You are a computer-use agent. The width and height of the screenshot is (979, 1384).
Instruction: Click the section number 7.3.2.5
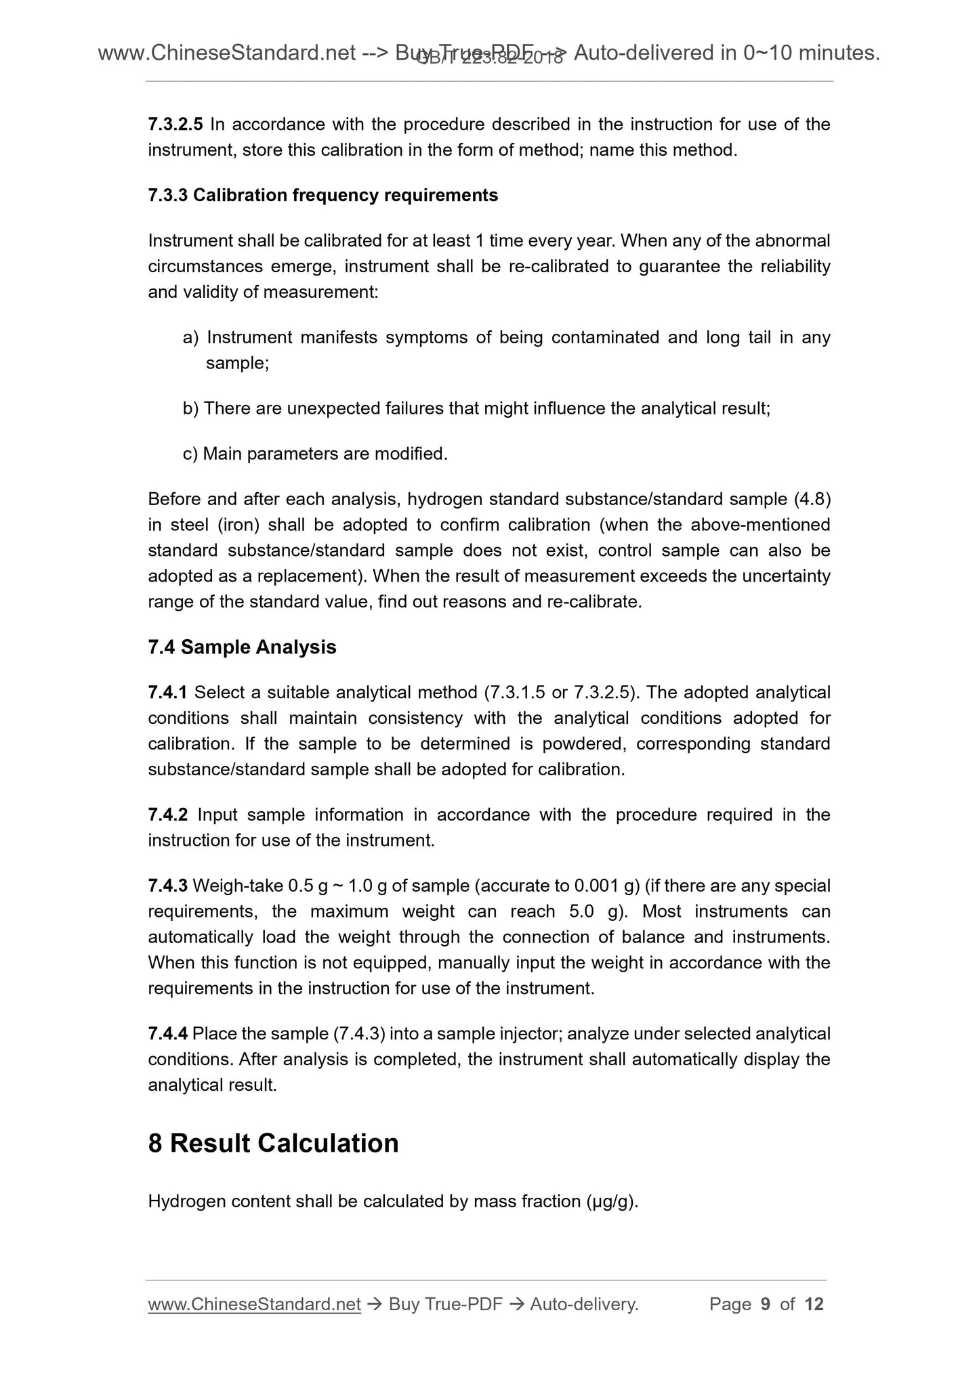tap(175, 125)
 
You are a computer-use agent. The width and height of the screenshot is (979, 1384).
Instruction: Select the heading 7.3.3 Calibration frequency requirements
tap(322, 196)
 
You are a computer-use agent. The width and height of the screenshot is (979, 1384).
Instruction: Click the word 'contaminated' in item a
tap(605, 337)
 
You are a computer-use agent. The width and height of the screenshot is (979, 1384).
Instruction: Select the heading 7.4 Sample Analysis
tap(242, 647)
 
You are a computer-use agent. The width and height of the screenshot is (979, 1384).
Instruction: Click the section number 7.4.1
tap(167, 693)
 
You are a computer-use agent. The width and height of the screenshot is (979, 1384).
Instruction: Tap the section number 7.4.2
tap(167, 815)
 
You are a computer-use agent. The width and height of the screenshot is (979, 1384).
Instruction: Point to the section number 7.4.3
tap(167, 886)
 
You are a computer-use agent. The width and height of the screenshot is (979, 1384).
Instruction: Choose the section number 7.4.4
tap(167, 1034)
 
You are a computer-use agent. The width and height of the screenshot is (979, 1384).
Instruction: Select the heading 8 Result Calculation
tap(273, 1143)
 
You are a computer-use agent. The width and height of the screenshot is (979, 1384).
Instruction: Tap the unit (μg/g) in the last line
tap(611, 1202)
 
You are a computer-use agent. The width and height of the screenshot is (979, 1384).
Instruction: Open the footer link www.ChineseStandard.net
tap(254, 1304)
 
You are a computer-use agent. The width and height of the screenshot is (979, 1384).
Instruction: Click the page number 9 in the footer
tap(766, 1304)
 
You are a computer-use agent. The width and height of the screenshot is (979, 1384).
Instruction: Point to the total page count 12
tap(813, 1304)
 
